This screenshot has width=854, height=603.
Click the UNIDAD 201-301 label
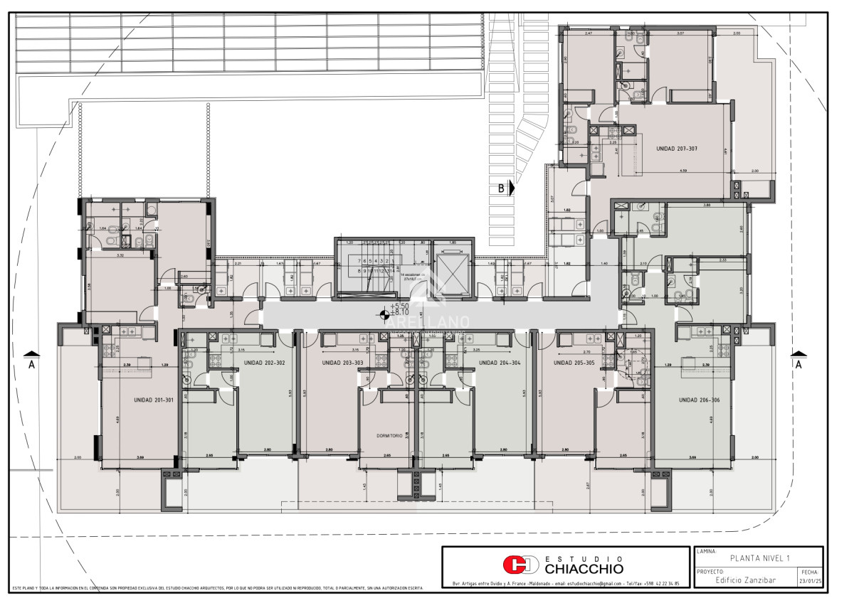tap(154, 400)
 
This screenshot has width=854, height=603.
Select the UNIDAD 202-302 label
tap(264, 363)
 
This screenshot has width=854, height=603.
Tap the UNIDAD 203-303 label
tap(342, 363)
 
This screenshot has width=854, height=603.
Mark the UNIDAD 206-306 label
tap(698, 400)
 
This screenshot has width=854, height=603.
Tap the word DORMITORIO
tap(390, 436)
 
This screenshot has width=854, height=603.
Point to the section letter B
tap(502, 188)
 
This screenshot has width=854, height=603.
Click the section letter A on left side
tap(30, 364)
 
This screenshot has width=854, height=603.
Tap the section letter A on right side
tap(798, 364)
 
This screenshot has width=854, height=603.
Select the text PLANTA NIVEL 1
tap(759, 558)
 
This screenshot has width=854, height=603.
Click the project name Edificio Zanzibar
tap(745, 580)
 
